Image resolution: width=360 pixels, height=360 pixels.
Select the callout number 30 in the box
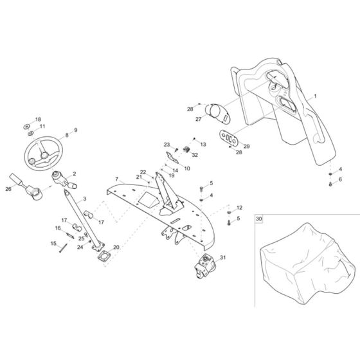[x=258, y=219]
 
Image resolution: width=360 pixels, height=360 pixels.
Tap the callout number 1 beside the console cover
[x=315, y=96]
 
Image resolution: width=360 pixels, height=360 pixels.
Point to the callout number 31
[x=222, y=257]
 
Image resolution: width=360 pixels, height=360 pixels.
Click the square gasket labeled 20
[x=104, y=256]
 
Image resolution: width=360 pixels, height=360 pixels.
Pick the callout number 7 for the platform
[x=116, y=179]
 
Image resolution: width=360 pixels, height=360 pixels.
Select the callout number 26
[x=8, y=189]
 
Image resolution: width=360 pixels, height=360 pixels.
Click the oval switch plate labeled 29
[x=229, y=138]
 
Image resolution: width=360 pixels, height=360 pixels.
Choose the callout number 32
[x=195, y=155]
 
